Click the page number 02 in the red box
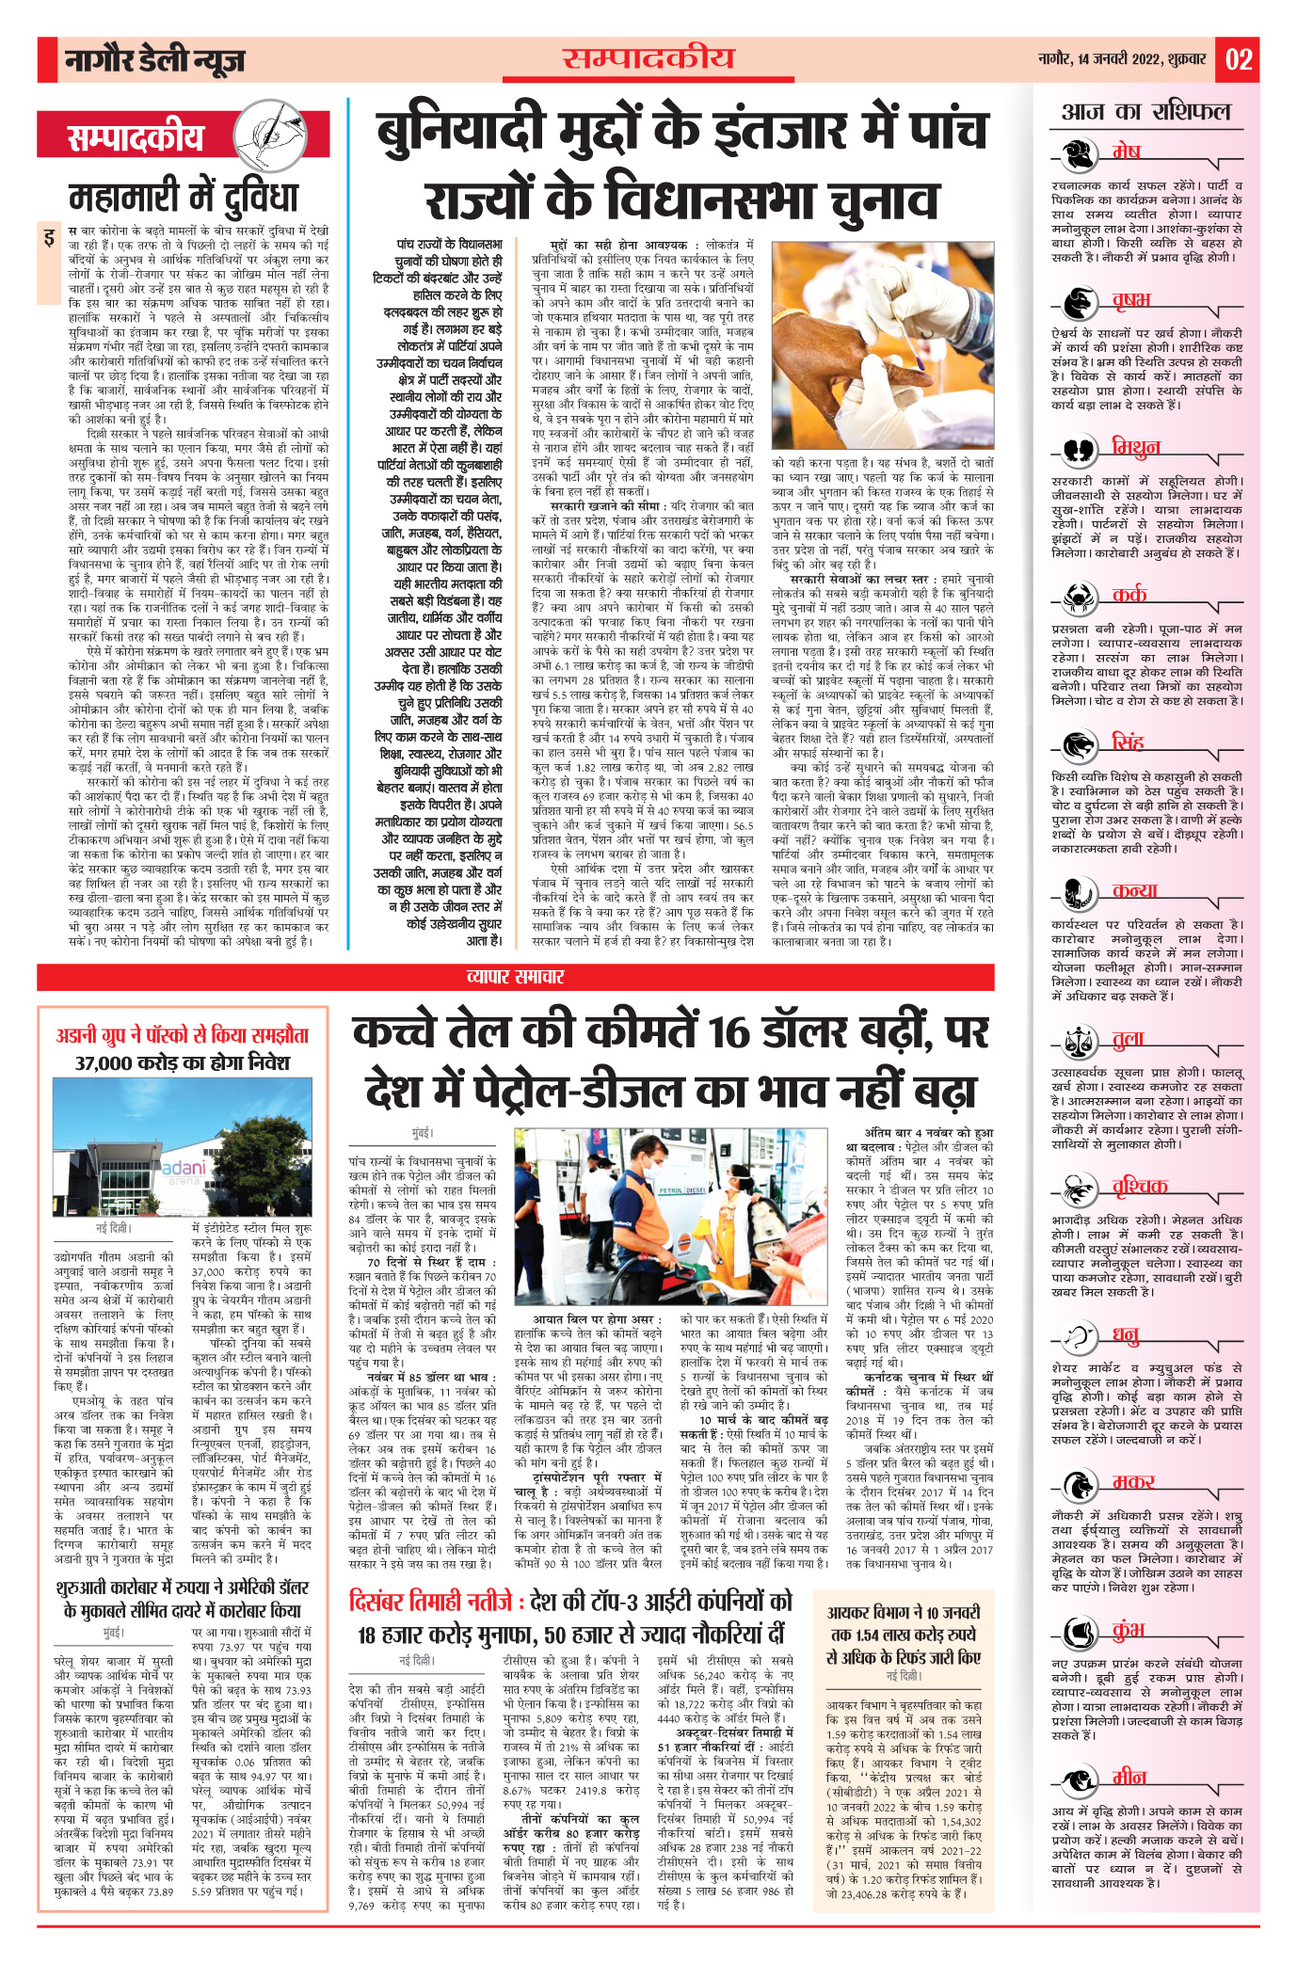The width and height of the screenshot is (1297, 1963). pos(1238,60)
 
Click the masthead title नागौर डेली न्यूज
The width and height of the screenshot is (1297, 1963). pos(154,61)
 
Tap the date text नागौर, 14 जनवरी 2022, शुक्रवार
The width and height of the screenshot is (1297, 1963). pos(1121,59)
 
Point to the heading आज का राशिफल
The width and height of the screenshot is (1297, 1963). pos(1145,112)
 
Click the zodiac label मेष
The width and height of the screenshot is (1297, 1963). pos(1126,152)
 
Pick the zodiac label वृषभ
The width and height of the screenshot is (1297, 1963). pos(1130,300)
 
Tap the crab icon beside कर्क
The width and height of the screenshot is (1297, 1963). pos(1076,595)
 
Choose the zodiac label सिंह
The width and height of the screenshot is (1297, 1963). pos(1127,742)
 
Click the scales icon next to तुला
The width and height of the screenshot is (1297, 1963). pos(1076,1041)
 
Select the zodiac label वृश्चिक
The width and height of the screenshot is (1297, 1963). pos(1139,1187)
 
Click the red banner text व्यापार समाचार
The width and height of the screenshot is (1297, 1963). pos(516,977)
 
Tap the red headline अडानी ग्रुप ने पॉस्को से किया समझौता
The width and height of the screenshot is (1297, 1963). pos(183,1035)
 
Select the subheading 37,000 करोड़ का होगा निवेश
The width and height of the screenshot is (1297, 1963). pos(183,1063)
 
